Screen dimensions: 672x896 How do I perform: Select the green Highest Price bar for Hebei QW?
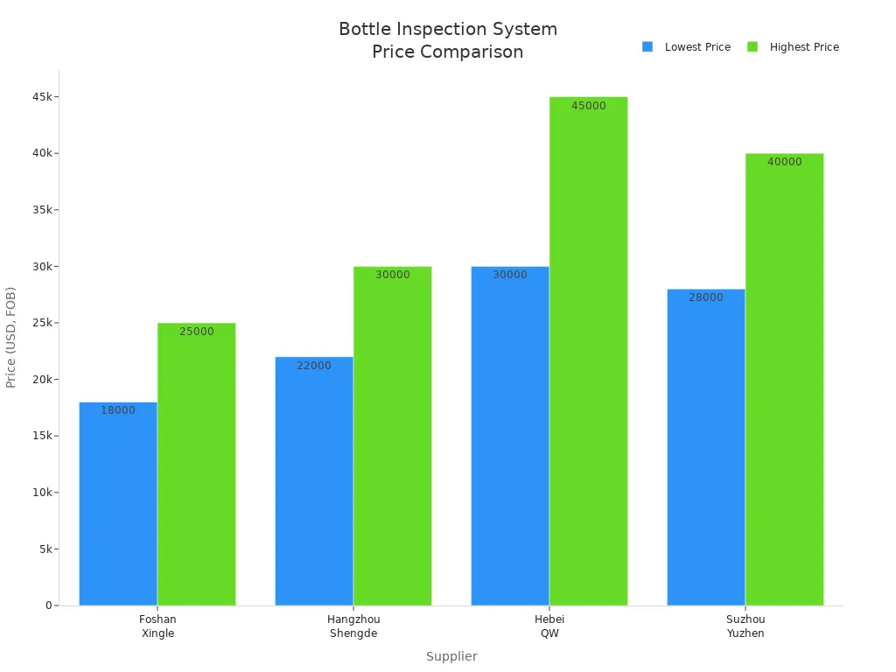point(588,350)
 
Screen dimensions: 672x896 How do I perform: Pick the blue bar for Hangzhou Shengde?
point(314,480)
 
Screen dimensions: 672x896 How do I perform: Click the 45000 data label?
point(588,106)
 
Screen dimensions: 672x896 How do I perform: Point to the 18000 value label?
point(118,410)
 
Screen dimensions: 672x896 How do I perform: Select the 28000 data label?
point(706,297)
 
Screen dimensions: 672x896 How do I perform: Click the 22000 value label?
point(314,366)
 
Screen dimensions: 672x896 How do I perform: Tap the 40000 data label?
point(784,162)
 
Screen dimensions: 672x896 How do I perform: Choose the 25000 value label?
point(197,332)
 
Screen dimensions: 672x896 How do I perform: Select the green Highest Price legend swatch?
point(752,47)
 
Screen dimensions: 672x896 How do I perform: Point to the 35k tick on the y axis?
point(42,210)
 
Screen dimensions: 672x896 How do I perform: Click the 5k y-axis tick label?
point(45,549)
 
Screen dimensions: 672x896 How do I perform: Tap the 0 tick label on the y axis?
point(49,605)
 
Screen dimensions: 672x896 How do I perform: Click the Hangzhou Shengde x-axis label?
point(353,626)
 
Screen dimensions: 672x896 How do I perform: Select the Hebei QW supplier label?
point(549,626)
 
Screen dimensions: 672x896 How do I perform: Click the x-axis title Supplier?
point(451,656)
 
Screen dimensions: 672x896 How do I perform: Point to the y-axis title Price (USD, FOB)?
point(11,337)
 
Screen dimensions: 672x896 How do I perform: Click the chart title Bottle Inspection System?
point(448,30)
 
